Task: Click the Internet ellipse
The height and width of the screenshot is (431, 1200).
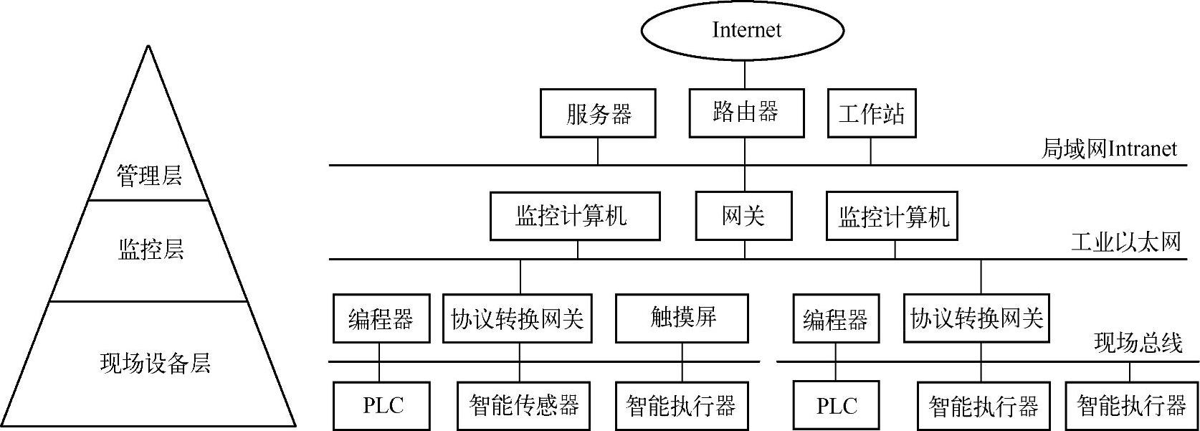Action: [x=743, y=30]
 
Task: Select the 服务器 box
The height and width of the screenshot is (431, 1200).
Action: [x=598, y=113]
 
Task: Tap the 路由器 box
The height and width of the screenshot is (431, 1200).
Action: [x=746, y=113]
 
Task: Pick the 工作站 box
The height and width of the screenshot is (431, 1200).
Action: [x=871, y=113]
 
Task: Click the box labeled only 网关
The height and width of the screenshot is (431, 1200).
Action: [x=743, y=216]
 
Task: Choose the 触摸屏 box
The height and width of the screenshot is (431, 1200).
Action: [x=682, y=318]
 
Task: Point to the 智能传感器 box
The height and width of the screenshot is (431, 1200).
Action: [x=523, y=406]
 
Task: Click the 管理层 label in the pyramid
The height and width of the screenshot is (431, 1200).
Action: [x=149, y=175]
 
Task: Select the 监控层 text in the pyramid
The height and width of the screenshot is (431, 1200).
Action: [x=151, y=249]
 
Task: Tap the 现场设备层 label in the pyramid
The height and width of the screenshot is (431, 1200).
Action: [x=155, y=363]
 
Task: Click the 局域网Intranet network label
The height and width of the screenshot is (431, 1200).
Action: [x=1108, y=149]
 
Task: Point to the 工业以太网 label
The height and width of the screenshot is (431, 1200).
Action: [x=1125, y=242]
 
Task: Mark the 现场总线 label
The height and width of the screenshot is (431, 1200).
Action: [x=1138, y=344]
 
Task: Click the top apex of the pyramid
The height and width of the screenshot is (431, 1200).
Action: [x=148, y=47]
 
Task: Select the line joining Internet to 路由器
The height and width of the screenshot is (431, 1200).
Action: [x=744, y=75]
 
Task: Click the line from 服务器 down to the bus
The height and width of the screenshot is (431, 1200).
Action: [x=598, y=151]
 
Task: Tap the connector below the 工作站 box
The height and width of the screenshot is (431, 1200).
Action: [x=871, y=151]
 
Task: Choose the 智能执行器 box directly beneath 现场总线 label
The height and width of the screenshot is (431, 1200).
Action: [x=1130, y=406]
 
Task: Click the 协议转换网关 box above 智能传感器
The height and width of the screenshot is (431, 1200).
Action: [x=517, y=318]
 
